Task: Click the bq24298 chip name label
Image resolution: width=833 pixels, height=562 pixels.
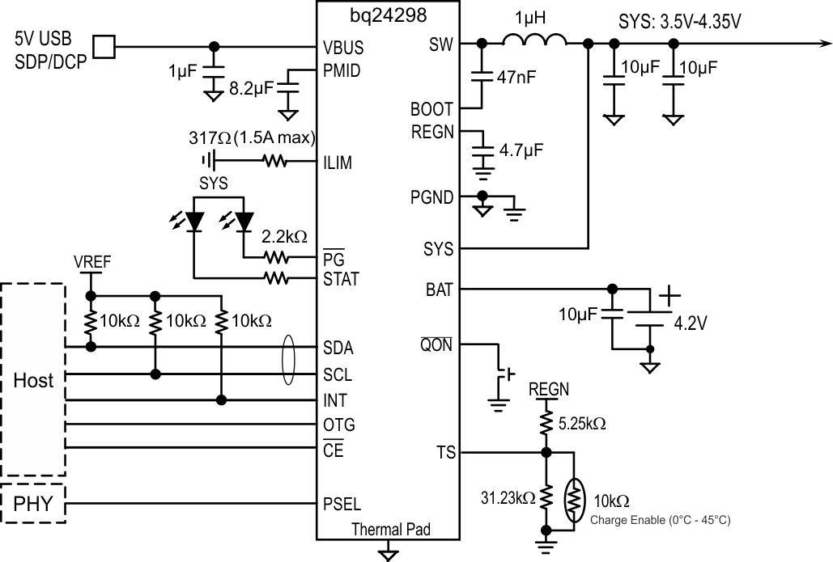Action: [x=389, y=14]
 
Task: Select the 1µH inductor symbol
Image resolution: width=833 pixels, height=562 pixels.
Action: [x=534, y=42]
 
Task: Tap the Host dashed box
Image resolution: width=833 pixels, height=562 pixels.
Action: [x=34, y=380]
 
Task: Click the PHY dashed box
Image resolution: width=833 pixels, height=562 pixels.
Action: [x=34, y=505]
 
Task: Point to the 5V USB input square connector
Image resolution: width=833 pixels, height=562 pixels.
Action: [x=104, y=46]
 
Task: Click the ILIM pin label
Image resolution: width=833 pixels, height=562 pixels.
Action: [x=337, y=163]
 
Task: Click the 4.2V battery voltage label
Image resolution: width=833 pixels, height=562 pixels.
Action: [x=691, y=324]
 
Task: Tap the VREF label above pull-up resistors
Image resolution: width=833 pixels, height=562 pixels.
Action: [x=91, y=261]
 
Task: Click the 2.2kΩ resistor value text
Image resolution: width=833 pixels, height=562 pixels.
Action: [x=283, y=237]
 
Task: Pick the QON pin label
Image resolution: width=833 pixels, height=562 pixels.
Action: [x=436, y=345]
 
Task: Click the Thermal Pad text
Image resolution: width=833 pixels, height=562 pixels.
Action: [x=390, y=530]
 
